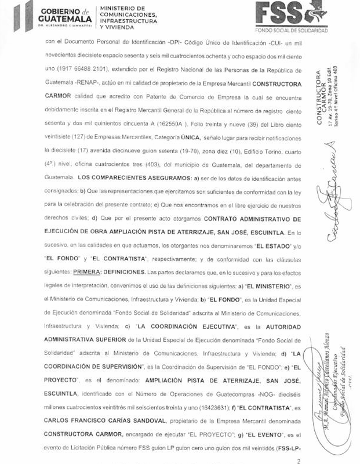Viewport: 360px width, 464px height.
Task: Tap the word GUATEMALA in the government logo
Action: pos(62,18)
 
